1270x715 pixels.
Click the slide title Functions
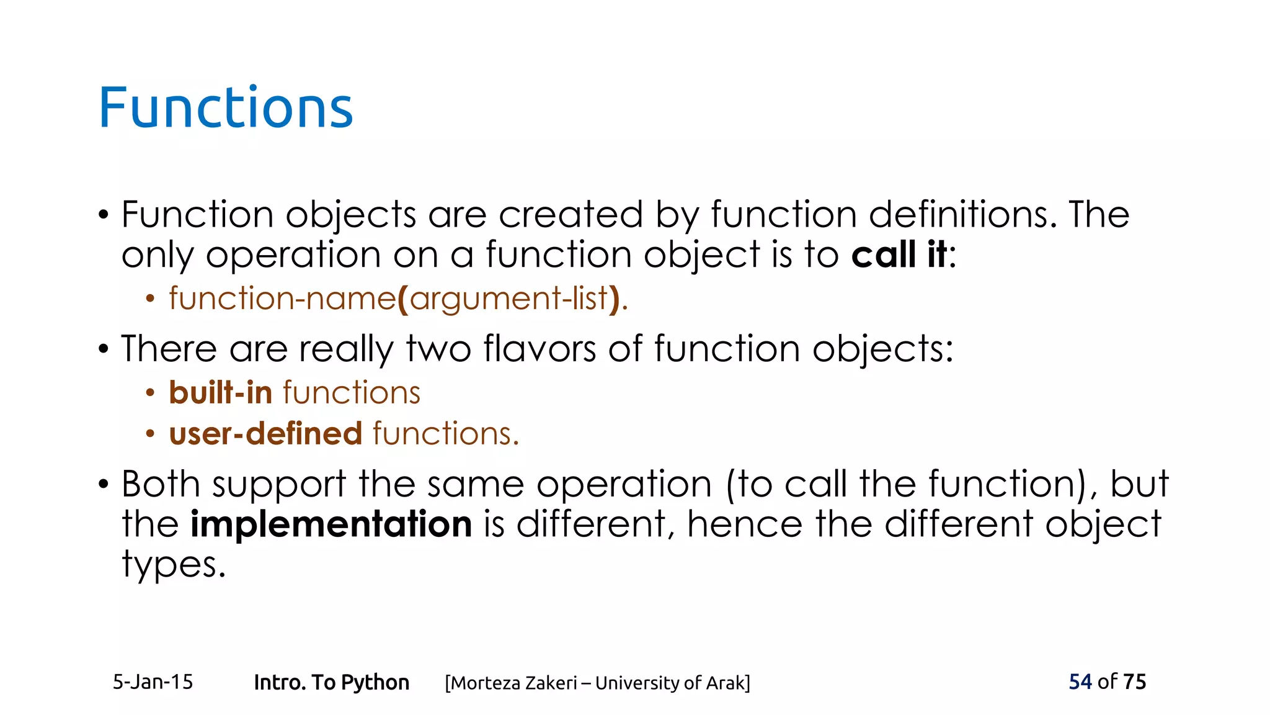click(x=226, y=108)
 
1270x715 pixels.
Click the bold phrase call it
click(x=899, y=255)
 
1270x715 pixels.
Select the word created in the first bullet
click(x=571, y=215)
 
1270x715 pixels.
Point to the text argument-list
click(x=508, y=299)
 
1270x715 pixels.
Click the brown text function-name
click(x=282, y=299)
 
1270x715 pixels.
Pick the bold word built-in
click(x=221, y=393)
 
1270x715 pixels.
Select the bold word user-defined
click(x=265, y=433)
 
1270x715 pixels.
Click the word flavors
click(x=540, y=349)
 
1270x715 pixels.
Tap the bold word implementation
click(x=331, y=524)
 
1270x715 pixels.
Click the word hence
click(x=745, y=524)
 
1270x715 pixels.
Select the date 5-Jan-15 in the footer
click(x=153, y=682)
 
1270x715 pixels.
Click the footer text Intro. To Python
click(x=332, y=683)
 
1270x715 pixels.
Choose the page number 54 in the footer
click(x=1080, y=681)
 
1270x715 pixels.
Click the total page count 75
click(x=1135, y=681)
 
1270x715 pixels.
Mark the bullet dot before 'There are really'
click(x=103, y=349)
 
